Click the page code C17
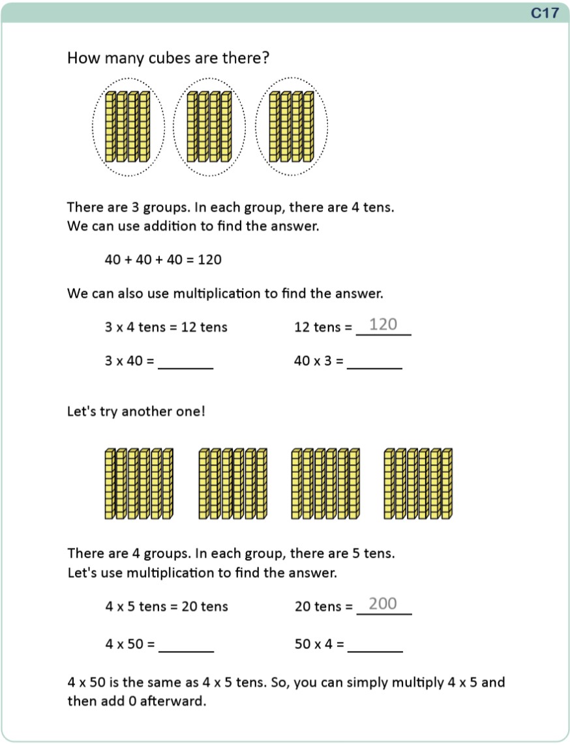[x=545, y=12]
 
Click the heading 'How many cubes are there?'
[x=168, y=59]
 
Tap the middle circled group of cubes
[x=209, y=127]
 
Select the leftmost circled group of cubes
[x=128, y=127]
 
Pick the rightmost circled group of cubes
[x=292, y=127]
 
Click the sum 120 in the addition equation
[x=210, y=260]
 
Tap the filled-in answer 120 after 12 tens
[x=383, y=325]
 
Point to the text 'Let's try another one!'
[x=136, y=412]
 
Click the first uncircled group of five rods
[x=138, y=484]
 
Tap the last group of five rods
[x=418, y=484]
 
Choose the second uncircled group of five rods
[x=232, y=484]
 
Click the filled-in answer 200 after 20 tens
[x=383, y=604]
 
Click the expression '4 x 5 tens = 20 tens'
[x=166, y=607]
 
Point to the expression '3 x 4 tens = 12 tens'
[x=166, y=327]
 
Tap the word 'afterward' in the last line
[x=175, y=702]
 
